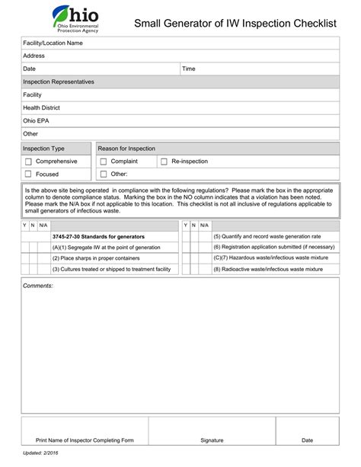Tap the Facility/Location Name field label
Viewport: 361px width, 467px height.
pyautogui.click(x=53, y=43)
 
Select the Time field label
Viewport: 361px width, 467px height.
pyautogui.click(x=189, y=69)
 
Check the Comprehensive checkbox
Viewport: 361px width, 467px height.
pyautogui.click(x=28, y=162)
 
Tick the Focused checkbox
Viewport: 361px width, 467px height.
pyautogui.click(x=28, y=174)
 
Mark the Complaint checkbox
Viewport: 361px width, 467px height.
pyautogui.click(x=104, y=162)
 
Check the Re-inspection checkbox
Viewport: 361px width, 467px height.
pyautogui.click(x=164, y=162)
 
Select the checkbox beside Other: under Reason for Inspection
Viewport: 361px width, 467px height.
pyautogui.click(x=104, y=174)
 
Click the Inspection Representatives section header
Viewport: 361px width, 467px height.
pyautogui.click(x=59, y=82)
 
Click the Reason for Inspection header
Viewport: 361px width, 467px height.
pyautogui.click(x=127, y=149)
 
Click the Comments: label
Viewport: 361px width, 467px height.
pyautogui.click(x=38, y=286)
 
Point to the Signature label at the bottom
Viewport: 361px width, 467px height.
pyautogui.click(x=212, y=440)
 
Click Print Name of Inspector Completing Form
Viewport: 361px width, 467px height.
pyautogui.click(x=85, y=440)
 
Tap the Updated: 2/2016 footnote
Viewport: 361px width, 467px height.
pyautogui.click(x=40, y=453)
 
